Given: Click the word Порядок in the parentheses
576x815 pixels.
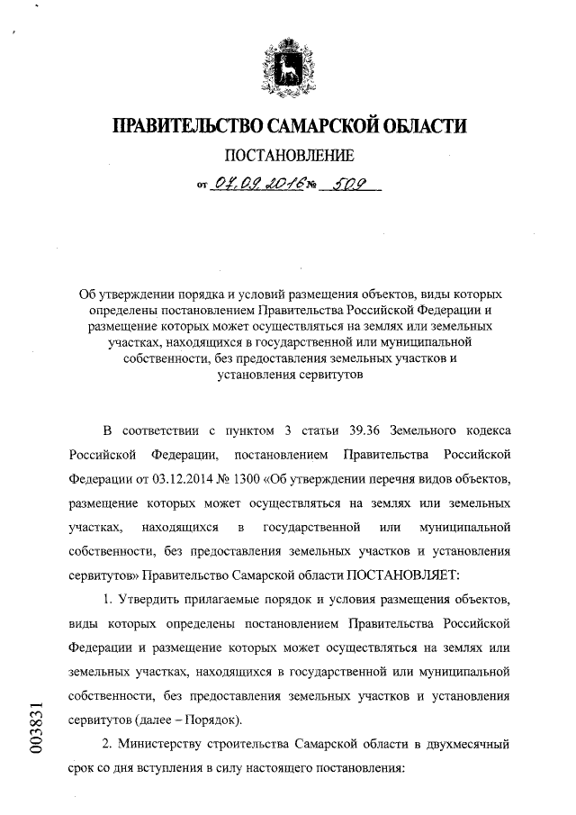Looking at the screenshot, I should point(206,721).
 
